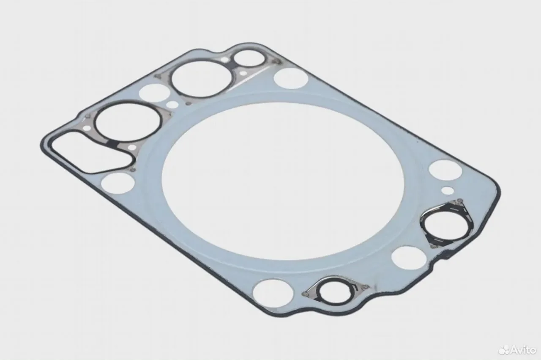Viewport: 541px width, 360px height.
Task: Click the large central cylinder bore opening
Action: pyautogui.click(x=283, y=181)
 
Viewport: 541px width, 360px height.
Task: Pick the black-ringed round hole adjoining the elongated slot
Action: pyautogui.click(x=128, y=123)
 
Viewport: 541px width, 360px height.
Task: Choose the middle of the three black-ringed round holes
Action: pyautogui.click(x=202, y=79)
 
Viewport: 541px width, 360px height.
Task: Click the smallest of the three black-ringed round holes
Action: pyautogui.click(x=249, y=58)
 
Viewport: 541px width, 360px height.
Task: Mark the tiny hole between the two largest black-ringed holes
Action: pyautogui.click(x=172, y=104)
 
